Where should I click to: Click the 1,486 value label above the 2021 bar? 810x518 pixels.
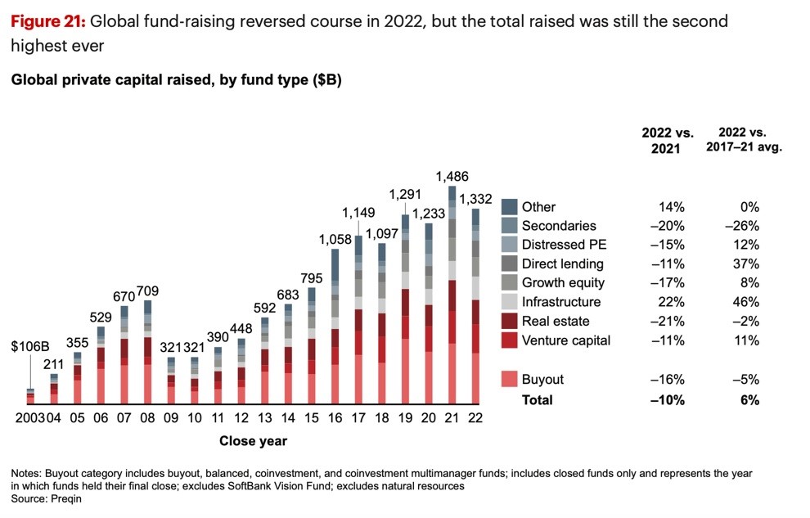[452, 176]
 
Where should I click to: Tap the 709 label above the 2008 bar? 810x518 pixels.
[147, 291]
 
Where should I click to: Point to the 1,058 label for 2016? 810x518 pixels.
[335, 239]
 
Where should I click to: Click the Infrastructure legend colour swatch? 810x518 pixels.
[510, 302]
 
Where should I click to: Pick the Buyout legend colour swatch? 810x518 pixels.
[510, 380]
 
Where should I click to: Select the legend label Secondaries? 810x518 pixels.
[559, 225]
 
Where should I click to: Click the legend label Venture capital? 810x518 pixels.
[565, 340]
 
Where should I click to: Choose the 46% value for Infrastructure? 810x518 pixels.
[748, 302]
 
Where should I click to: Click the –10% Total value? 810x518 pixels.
[668, 400]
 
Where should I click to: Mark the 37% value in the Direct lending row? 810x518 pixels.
[748, 264]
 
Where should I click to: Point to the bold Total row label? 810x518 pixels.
[537, 400]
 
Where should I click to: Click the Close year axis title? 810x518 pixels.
[253, 441]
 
